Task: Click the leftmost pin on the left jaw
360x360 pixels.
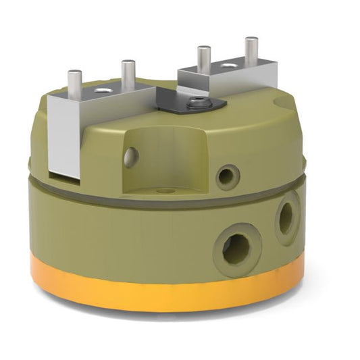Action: coord(75,80)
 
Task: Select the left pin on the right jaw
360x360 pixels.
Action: coord(203,58)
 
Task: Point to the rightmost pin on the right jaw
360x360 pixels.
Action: coord(251,51)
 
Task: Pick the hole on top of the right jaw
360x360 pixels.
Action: coord(229,66)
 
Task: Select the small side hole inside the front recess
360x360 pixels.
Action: coord(131,157)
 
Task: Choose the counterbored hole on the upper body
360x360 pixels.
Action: coord(228,177)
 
